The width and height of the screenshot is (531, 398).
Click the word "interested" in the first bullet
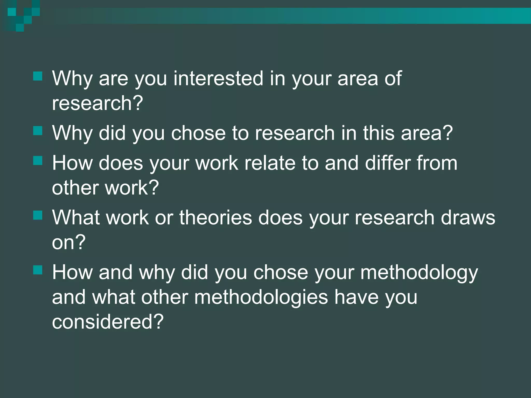219,78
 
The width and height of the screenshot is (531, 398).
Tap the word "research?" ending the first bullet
97,103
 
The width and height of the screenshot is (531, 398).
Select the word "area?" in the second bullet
427,133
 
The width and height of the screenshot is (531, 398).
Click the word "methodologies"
261,297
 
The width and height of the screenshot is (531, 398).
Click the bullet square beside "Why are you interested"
38,76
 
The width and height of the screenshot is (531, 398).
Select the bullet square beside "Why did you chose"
38,131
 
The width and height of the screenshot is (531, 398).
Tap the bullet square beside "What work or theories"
38,215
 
